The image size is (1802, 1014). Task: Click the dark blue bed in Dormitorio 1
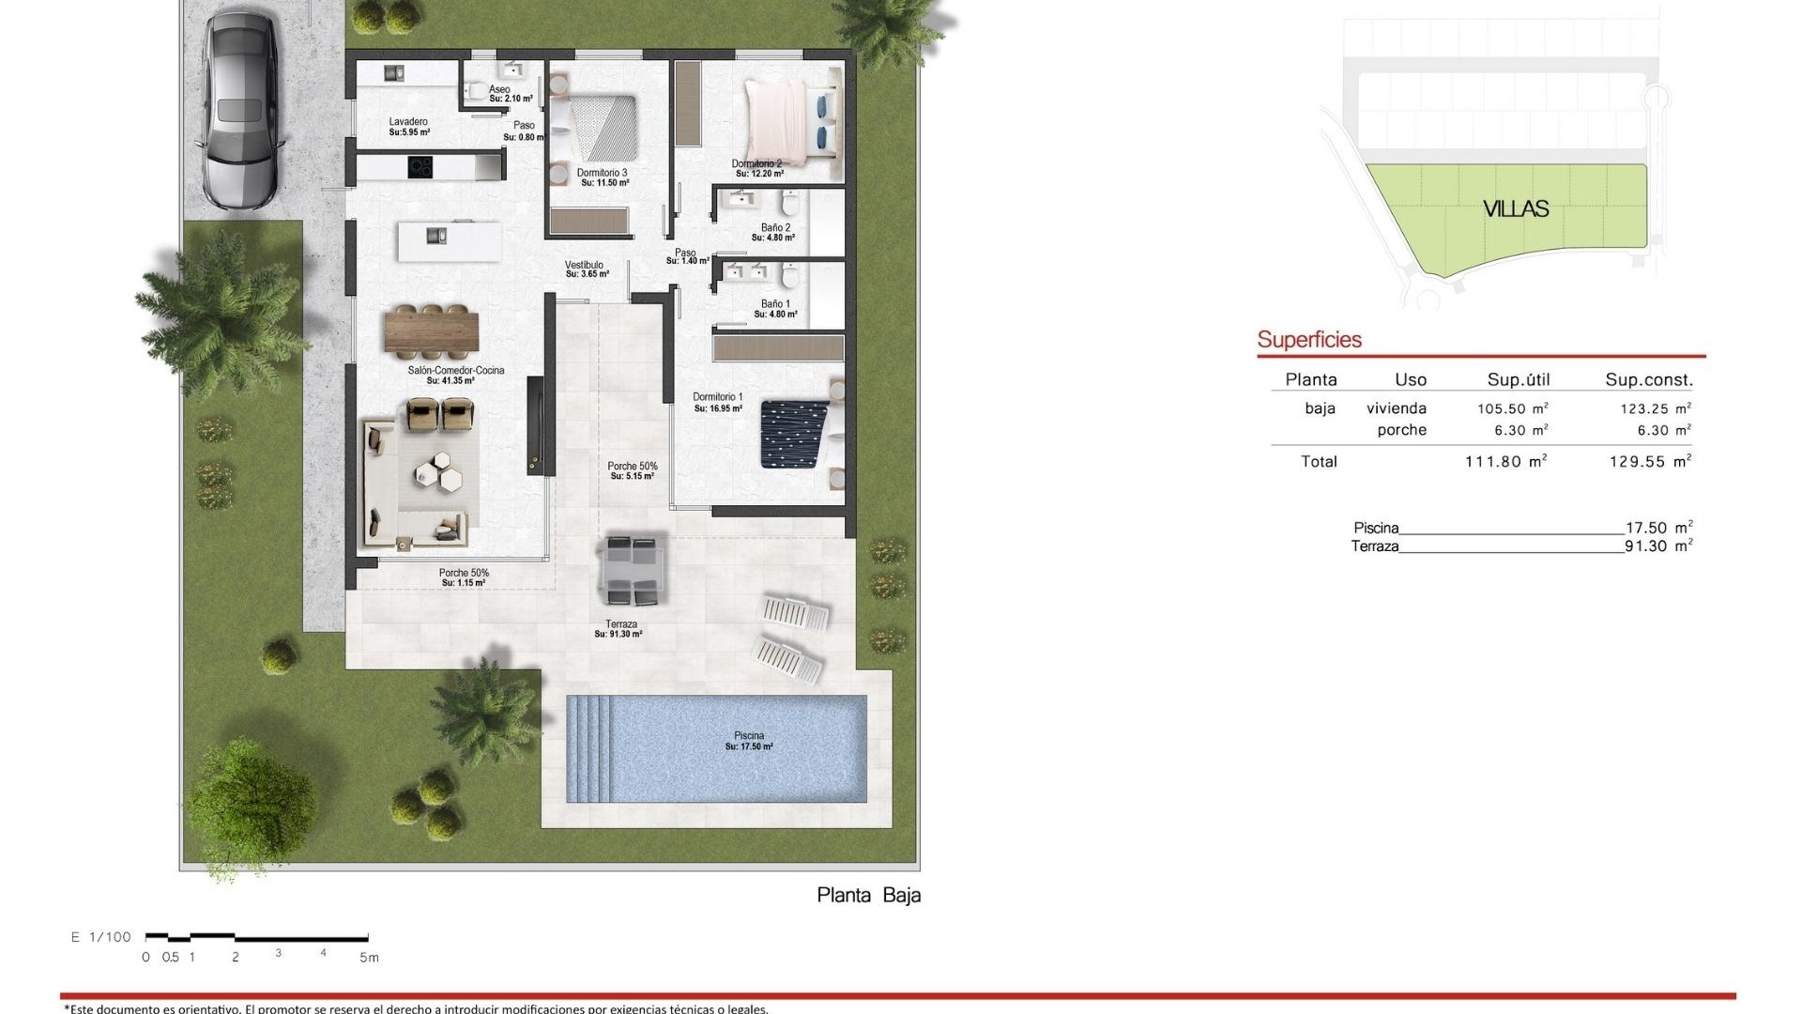point(794,434)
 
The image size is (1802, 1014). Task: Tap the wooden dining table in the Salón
point(431,331)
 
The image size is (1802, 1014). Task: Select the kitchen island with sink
point(450,240)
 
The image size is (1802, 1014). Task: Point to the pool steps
point(588,748)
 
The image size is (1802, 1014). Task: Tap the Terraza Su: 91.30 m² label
point(619,629)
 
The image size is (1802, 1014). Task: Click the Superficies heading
point(1308,340)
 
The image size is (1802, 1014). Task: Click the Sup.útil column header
point(1518,380)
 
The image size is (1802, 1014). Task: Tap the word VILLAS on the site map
point(1515,208)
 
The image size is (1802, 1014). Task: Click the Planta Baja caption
point(868,895)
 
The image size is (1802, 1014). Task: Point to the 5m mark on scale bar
point(369,957)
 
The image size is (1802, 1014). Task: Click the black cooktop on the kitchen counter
point(420,167)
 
